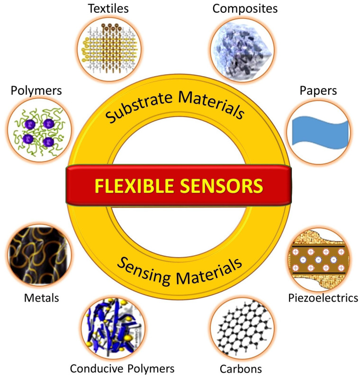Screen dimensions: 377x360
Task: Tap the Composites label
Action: tap(245, 8)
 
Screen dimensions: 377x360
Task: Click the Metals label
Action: tap(41, 298)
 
